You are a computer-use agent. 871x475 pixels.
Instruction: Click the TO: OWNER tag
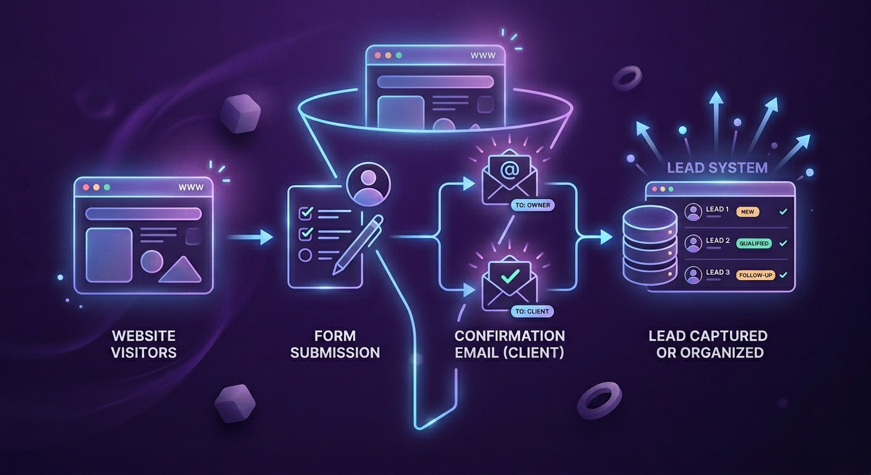click(530, 205)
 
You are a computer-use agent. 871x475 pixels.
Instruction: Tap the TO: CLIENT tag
click(530, 311)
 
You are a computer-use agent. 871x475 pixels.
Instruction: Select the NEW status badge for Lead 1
click(747, 212)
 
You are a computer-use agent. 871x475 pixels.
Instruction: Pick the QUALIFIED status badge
click(753, 244)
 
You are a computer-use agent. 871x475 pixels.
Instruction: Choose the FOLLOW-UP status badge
click(755, 275)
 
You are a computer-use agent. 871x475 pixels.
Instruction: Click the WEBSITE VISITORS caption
click(144, 344)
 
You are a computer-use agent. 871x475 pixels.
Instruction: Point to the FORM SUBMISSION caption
click(335, 344)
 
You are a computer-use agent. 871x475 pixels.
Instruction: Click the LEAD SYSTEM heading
click(718, 167)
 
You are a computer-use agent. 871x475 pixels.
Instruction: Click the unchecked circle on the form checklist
click(306, 255)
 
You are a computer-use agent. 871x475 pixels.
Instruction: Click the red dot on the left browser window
click(85, 187)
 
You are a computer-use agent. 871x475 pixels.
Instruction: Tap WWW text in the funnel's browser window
click(483, 55)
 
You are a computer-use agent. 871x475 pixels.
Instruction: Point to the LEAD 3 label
click(718, 273)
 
